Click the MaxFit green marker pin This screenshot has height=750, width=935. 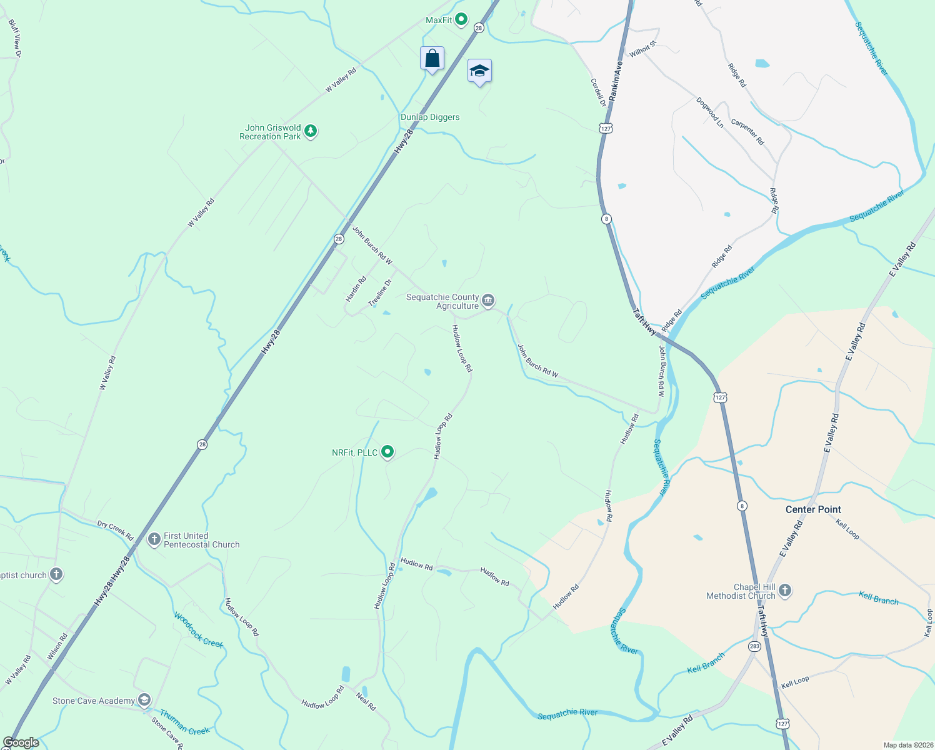click(x=461, y=20)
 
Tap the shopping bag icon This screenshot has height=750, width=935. click(x=432, y=59)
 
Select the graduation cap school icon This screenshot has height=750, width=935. click(x=479, y=71)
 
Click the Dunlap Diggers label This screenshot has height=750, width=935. click(x=430, y=117)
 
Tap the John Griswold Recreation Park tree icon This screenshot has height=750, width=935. click(x=311, y=131)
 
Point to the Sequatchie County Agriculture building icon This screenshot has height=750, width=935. click(x=488, y=301)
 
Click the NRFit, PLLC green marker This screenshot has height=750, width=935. click(x=387, y=451)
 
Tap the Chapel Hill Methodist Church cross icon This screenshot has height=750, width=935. click(x=785, y=590)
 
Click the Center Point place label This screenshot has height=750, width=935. click(x=813, y=509)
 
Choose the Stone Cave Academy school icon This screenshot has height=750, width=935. click(x=144, y=700)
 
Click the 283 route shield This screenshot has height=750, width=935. click(x=754, y=646)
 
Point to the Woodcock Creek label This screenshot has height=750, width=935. click(x=199, y=630)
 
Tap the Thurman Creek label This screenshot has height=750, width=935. click(x=184, y=722)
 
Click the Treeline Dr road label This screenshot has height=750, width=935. click(x=380, y=292)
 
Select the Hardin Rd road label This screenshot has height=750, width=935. click(x=356, y=289)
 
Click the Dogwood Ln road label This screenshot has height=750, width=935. click(x=711, y=112)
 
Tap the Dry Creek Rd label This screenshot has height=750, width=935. click(x=115, y=531)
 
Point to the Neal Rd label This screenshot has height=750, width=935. click(x=366, y=701)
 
